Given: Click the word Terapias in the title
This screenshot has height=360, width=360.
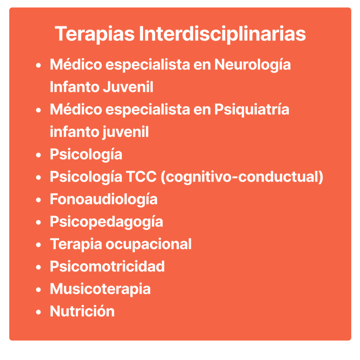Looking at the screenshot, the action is pos(95,34).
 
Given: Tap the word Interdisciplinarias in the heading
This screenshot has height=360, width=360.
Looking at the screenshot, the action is pos(222,34).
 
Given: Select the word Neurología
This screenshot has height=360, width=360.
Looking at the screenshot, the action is pos(252,65).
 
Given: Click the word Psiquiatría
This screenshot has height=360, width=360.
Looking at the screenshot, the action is pos(252,110).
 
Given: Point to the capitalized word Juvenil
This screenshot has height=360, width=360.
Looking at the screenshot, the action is pos(128,87).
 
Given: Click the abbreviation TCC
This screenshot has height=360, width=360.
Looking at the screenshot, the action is pos(141,177).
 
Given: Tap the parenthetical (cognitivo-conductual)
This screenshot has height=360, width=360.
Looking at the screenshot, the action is pos(242,177).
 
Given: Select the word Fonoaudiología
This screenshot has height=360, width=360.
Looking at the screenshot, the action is pos(104,199).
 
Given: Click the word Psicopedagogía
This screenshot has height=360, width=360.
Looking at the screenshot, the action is pos(107,222).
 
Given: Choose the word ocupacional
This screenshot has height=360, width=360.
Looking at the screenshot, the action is pos(149,244).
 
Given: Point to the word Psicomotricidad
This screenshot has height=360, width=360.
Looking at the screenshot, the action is pos(107,266).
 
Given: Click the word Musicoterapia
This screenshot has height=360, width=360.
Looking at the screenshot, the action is pos(100,289).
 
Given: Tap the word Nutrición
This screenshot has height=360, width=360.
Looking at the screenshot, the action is pos(82,311).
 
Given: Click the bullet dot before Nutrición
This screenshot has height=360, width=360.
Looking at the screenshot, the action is pos(38,312).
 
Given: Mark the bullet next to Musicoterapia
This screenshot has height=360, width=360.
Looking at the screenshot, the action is pos(38,290).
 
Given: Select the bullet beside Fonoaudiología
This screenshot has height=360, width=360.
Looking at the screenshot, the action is pos(38,200).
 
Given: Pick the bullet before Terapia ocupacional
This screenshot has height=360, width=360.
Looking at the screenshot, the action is pos(38,245).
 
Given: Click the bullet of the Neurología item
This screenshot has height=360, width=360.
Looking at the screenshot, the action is pos(38,65).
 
